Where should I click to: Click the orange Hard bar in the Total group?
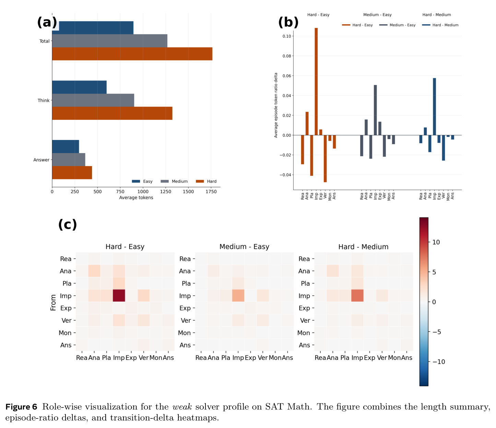pyautogui.click(x=132, y=54)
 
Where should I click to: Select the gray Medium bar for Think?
pyautogui.click(x=93, y=100)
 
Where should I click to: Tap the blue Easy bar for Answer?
pyautogui.click(x=66, y=147)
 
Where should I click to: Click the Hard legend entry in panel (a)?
pyautogui.click(x=206, y=181)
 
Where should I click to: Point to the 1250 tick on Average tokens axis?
pyautogui.click(x=166, y=192)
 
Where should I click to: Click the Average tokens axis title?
pyautogui.click(x=136, y=198)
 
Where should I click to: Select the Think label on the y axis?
pyautogui.click(x=44, y=100)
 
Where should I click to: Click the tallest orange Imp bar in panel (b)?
pyautogui.click(x=316, y=81)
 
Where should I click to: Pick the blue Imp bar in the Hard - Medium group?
pyautogui.click(x=434, y=106)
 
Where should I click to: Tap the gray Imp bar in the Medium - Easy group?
pyautogui.click(x=375, y=110)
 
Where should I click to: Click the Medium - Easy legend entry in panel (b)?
pyautogui.click(x=397, y=25)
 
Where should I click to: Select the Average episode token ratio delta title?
pyautogui.click(x=276, y=105)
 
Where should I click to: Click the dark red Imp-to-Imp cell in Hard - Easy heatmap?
pyautogui.click(x=119, y=295)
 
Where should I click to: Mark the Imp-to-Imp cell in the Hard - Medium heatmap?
pyautogui.click(x=357, y=295)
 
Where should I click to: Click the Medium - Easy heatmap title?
pyautogui.click(x=244, y=247)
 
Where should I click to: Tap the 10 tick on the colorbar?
pyautogui.click(x=436, y=242)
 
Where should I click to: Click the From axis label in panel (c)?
pyautogui.click(x=53, y=302)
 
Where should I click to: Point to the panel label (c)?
pyautogui.click(x=68, y=224)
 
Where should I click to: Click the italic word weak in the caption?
pyautogui.click(x=182, y=407)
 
